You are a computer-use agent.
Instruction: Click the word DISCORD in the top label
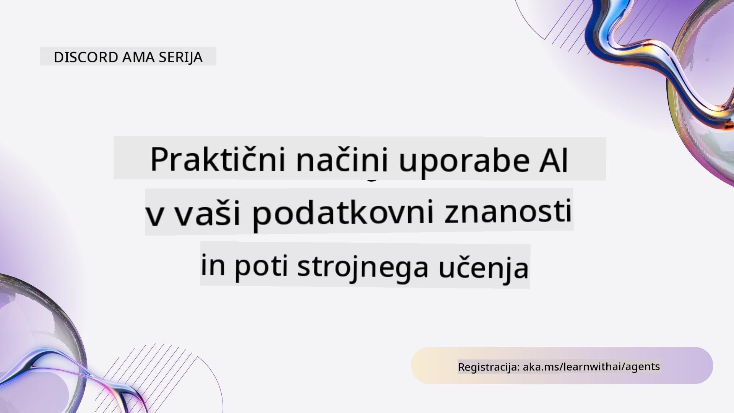click(x=86, y=57)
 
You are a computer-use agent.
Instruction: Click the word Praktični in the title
click(x=218, y=159)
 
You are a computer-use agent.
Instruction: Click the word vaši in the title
click(x=208, y=212)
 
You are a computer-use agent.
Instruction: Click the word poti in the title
click(x=261, y=266)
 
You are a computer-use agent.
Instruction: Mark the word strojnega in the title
click(x=363, y=267)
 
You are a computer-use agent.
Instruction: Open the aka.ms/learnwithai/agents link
click(x=591, y=367)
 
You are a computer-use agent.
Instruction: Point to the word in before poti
click(x=213, y=265)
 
